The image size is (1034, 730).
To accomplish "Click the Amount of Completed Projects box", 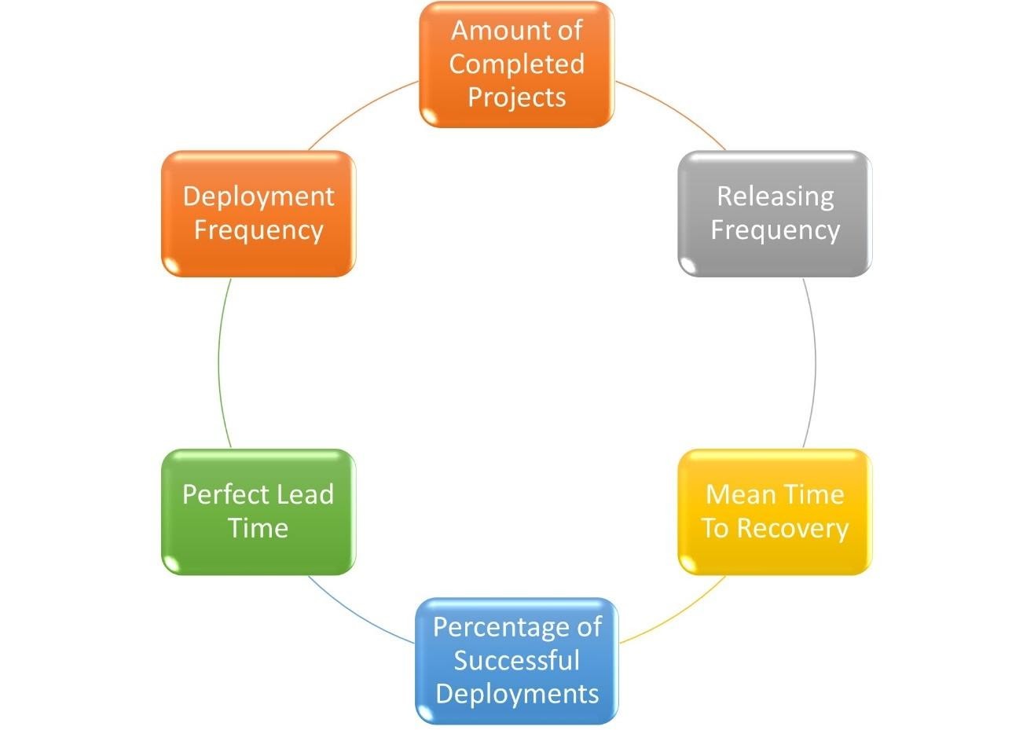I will click(x=516, y=64).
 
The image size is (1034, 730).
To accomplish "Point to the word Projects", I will click(x=517, y=97).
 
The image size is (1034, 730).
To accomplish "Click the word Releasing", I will click(x=775, y=196).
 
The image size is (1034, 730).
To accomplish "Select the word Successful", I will click(x=516, y=660).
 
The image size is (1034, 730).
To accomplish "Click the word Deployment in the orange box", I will click(x=258, y=196).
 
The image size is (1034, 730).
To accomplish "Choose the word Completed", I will click(x=516, y=64).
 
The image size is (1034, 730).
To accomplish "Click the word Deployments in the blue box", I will click(x=517, y=694).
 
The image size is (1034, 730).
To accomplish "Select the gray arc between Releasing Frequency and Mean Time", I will click(x=815, y=361).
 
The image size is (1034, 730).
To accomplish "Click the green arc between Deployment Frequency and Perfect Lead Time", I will click(x=218, y=361).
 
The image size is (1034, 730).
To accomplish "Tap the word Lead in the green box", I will click(x=306, y=494).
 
